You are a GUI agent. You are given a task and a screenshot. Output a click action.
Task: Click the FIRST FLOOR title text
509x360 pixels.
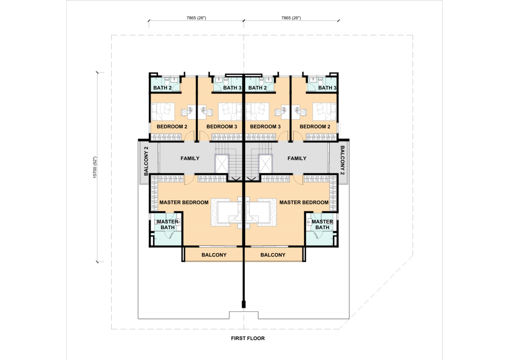pyautogui.click(x=248, y=338)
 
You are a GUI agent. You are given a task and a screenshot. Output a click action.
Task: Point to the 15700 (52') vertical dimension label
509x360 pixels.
pyautogui.click(x=95, y=168)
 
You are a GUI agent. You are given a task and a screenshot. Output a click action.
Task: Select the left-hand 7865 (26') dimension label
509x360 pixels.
pyautogui.click(x=196, y=18)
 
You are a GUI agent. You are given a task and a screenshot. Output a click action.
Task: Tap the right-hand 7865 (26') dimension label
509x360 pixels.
pyautogui.click(x=291, y=18)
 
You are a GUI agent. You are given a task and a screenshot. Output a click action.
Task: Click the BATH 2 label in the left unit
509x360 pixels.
pyautogui.click(x=163, y=88)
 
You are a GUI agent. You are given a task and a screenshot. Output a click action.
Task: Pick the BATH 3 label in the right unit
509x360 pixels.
pyautogui.click(x=327, y=88)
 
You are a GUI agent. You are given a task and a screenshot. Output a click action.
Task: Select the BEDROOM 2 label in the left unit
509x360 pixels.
pyautogui.click(x=171, y=127)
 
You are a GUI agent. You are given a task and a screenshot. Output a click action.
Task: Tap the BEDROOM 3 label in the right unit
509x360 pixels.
pyautogui.click(x=265, y=127)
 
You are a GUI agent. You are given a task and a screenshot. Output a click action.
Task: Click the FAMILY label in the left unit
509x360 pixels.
pyautogui.click(x=190, y=159)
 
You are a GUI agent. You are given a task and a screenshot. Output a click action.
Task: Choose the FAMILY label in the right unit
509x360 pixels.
pyautogui.click(x=297, y=159)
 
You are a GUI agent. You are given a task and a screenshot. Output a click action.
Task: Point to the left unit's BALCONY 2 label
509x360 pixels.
pyautogui.click(x=146, y=161)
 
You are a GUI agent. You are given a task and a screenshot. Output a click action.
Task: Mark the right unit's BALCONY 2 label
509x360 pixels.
pyautogui.click(x=342, y=161)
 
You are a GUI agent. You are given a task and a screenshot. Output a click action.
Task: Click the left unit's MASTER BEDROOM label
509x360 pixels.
pyautogui.click(x=184, y=202)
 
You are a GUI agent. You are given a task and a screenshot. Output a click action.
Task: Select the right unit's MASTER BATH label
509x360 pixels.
pyautogui.click(x=322, y=224)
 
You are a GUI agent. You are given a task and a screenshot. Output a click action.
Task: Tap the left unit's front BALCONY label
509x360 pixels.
pyautogui.click(x=214, y=255)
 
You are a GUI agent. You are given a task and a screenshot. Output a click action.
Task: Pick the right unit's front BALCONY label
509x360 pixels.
pyautogui.click(x=273, y=255)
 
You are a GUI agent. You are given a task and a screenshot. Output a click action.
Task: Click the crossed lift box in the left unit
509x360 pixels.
pyautogui.click(x=222, y=164)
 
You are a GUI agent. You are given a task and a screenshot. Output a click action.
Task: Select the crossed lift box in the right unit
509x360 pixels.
pyautogui.click(x=265, y=164)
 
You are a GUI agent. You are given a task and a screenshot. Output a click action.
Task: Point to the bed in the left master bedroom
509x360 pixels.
pyautogui.click(x=227, y=212)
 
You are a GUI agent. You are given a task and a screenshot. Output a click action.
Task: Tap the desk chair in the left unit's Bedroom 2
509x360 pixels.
pyautogui.click(x=186, y=112)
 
